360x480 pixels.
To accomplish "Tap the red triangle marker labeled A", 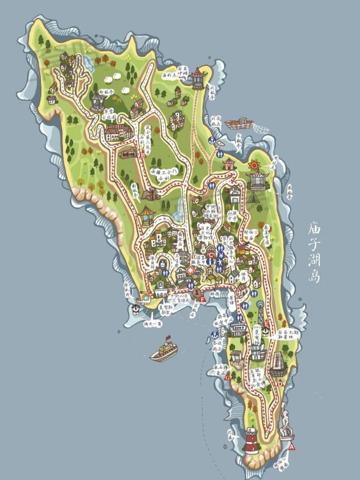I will point(292,447).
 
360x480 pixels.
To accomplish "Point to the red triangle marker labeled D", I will point(280,383).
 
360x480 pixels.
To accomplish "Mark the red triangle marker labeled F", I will point(202,299).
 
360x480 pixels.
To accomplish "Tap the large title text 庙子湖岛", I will point(313,252).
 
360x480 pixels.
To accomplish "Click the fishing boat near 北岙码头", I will point(239,122).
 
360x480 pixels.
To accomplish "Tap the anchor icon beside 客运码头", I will point(214,334).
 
